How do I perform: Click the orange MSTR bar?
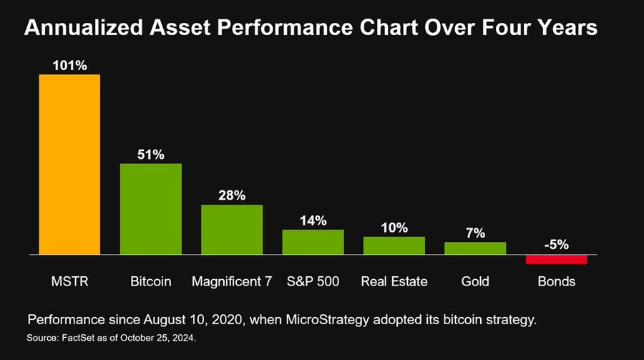(x=69, y=164)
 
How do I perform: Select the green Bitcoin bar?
(x=150, y=209)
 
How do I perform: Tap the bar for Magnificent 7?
(x=232, y=229)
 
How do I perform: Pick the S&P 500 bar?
(x=313, y=242)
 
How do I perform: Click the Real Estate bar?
(x=394, y=245)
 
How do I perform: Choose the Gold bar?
(x=475, y=248)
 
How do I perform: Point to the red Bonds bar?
(x=556, y=259)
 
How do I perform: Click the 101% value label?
(x=69, y=65)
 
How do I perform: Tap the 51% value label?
(x=150, y=155)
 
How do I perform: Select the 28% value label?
(x=232, y=195)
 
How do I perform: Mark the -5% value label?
(x=556, y=244)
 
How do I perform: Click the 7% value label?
(x=475, y=233)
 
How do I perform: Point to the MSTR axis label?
(x=69, y=281)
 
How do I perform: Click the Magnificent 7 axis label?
(x=232, y=281)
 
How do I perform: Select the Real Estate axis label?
(x=394, y=281)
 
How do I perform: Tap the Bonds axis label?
(x=556, y=281)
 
